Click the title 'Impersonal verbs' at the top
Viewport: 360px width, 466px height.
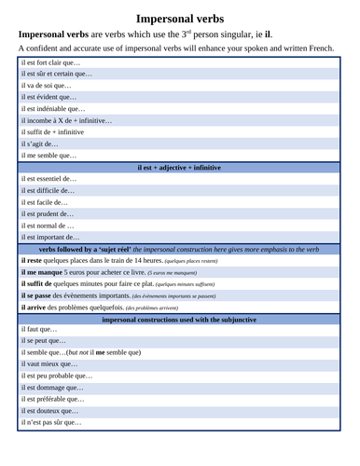[x=179, y=17]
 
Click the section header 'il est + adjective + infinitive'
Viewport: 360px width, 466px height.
[x=179, y=167]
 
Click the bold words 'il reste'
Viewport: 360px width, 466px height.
[x=34, y=261]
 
